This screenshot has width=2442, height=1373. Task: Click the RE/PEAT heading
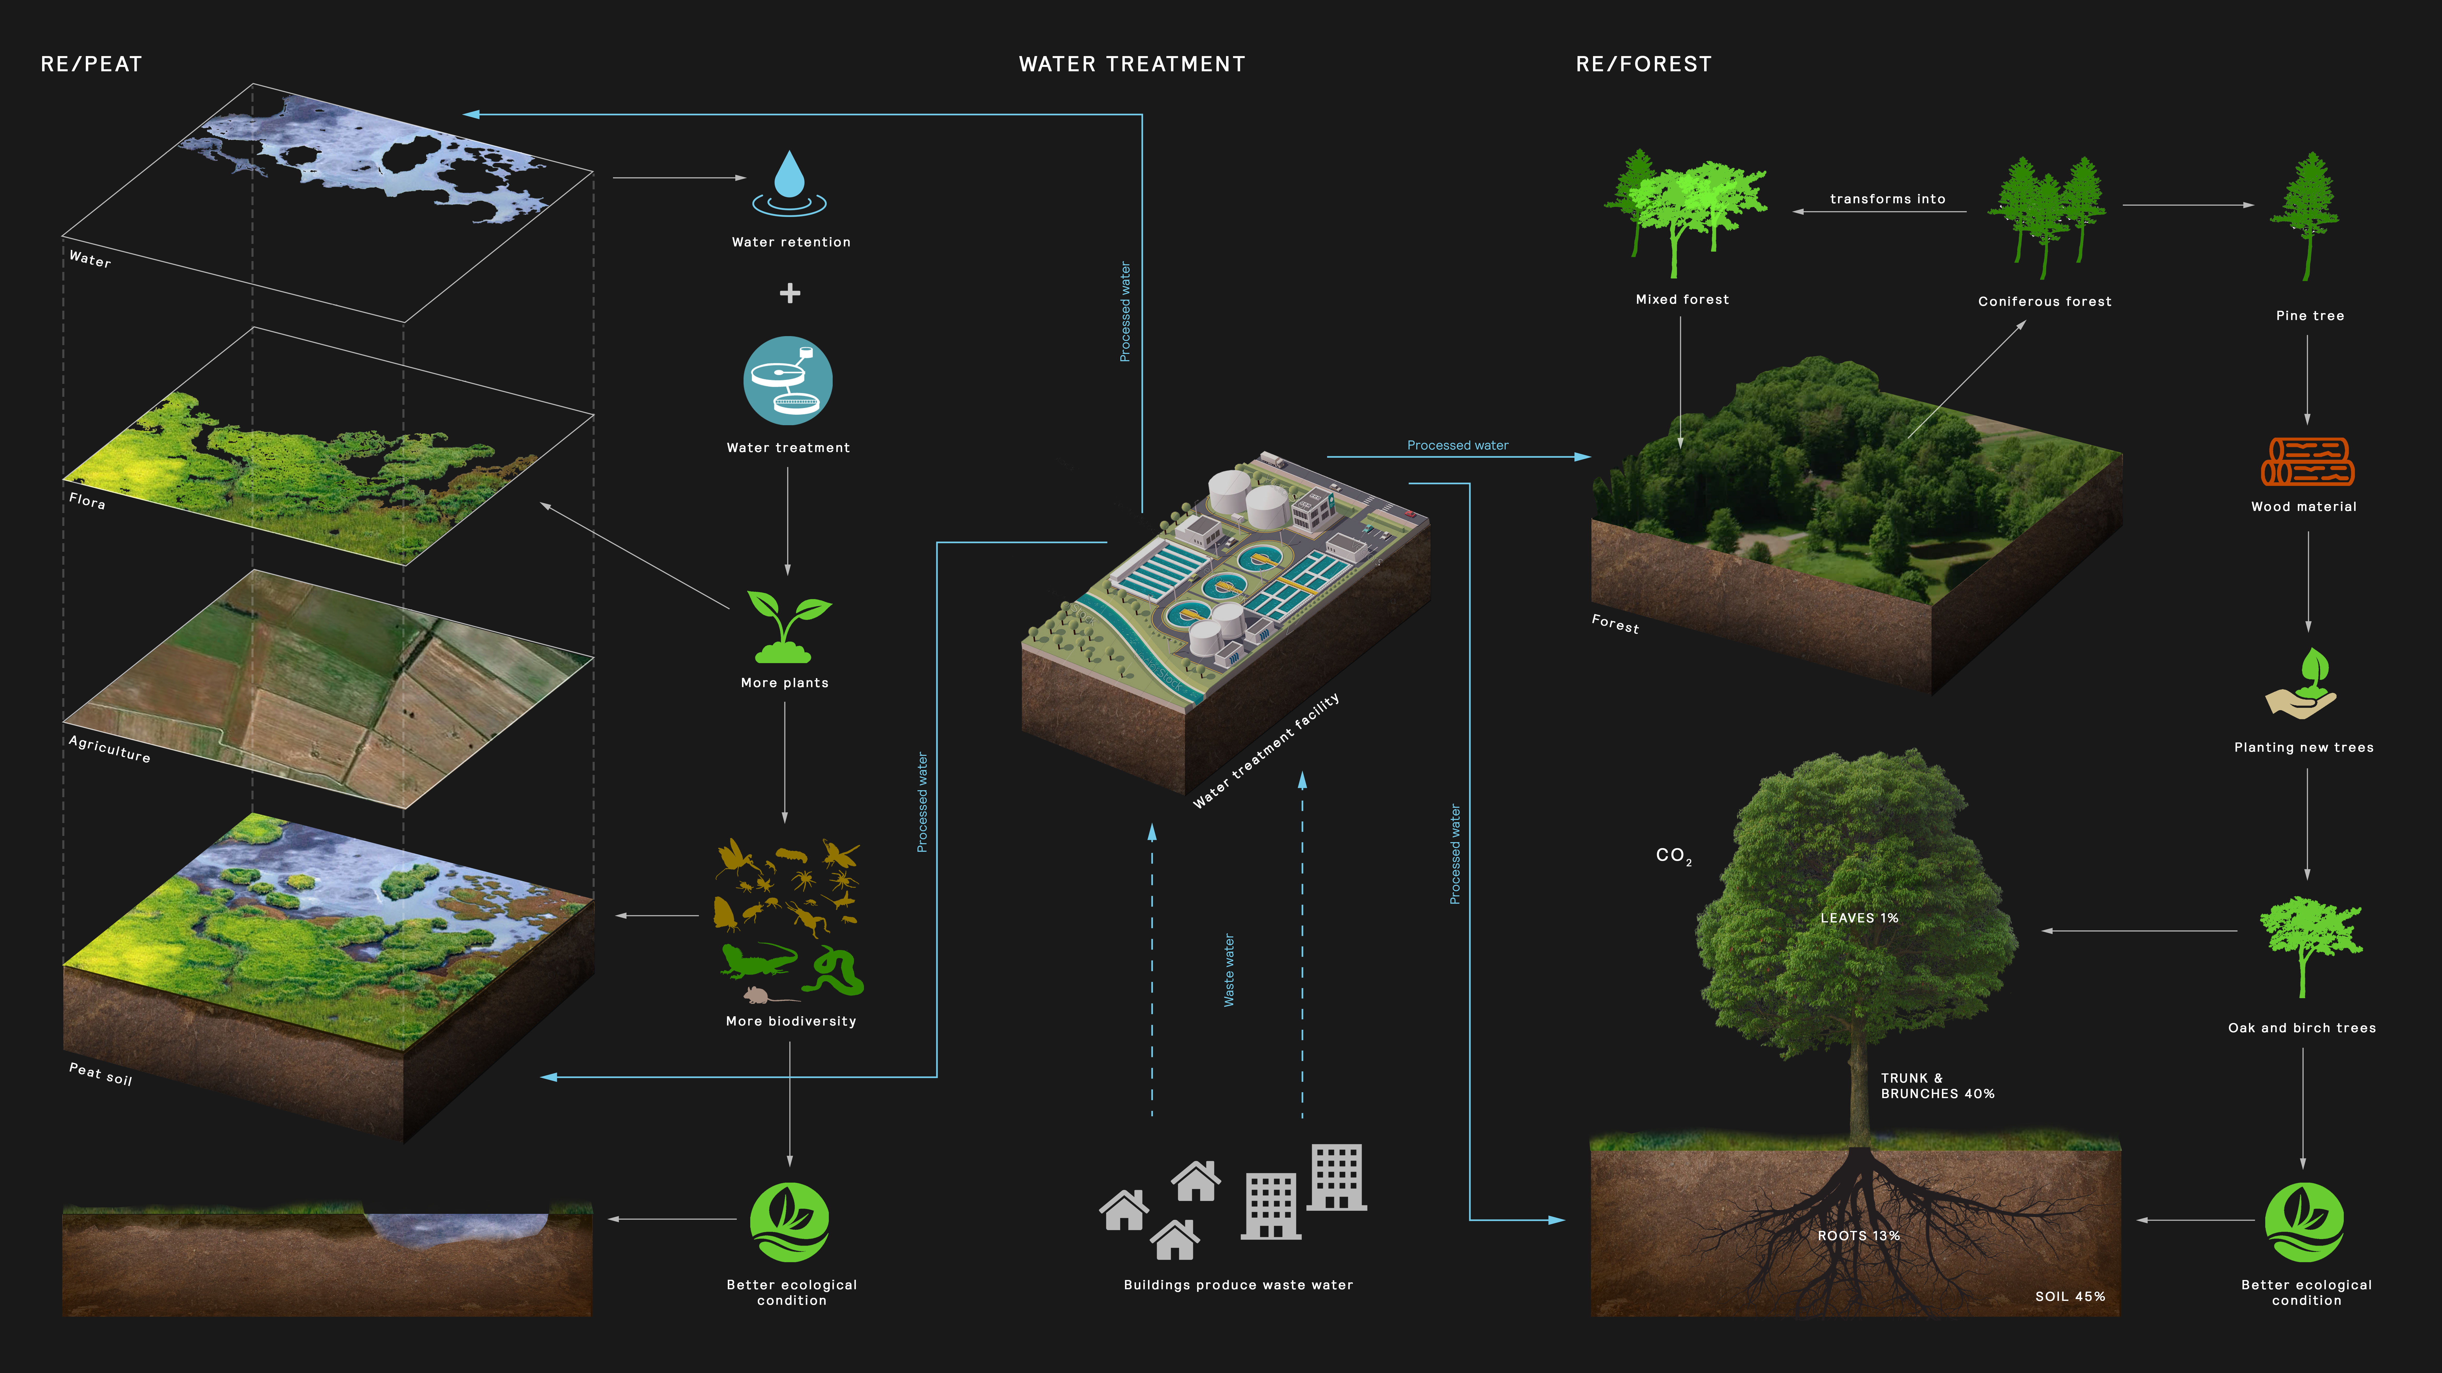91,64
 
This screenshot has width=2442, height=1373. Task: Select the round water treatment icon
788,381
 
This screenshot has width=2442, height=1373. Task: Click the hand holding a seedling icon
2303,684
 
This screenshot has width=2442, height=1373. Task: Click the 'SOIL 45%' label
2069,1296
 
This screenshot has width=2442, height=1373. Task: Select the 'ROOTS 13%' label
1858,1236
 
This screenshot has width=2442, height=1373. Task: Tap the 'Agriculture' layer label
109,749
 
